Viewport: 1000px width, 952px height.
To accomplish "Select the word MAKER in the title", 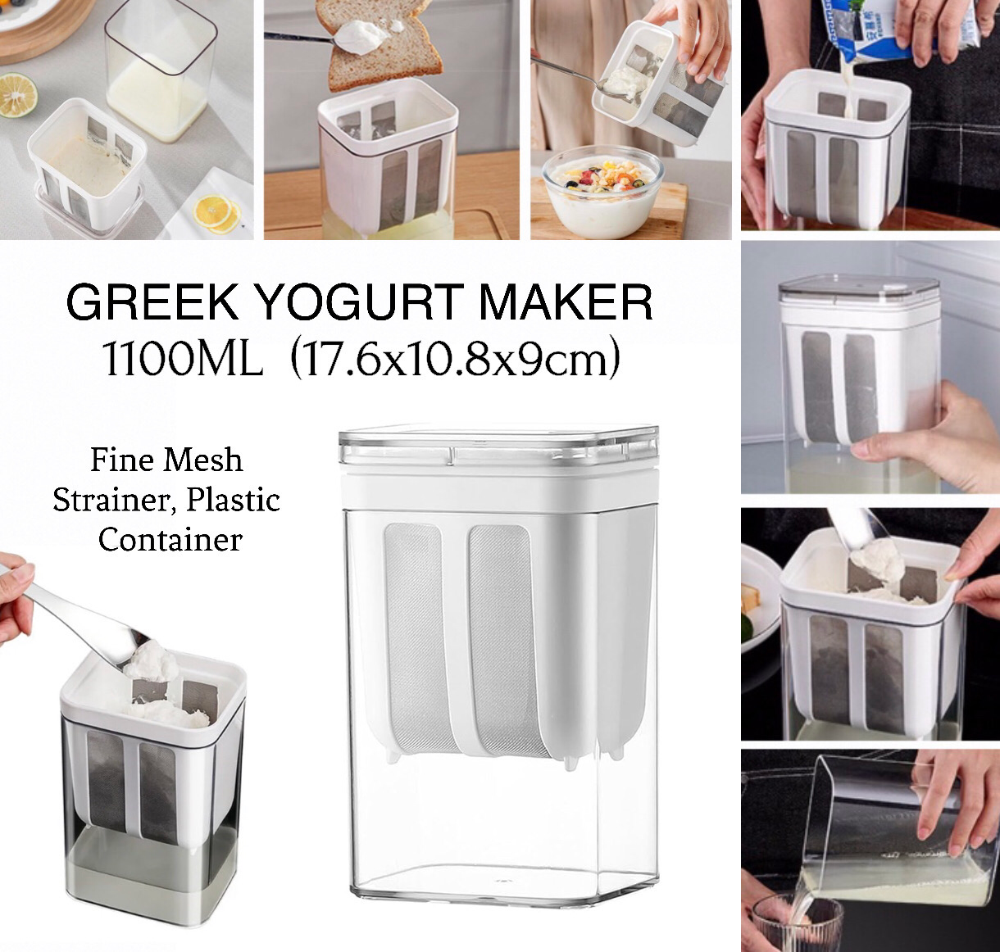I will [x=566, y=302].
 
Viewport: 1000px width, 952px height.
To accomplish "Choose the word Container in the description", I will [x=170, y=540].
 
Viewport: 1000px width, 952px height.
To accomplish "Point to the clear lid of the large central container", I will [x=498, y=442].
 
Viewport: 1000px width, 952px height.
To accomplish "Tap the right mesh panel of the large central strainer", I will [x=504, y=639].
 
